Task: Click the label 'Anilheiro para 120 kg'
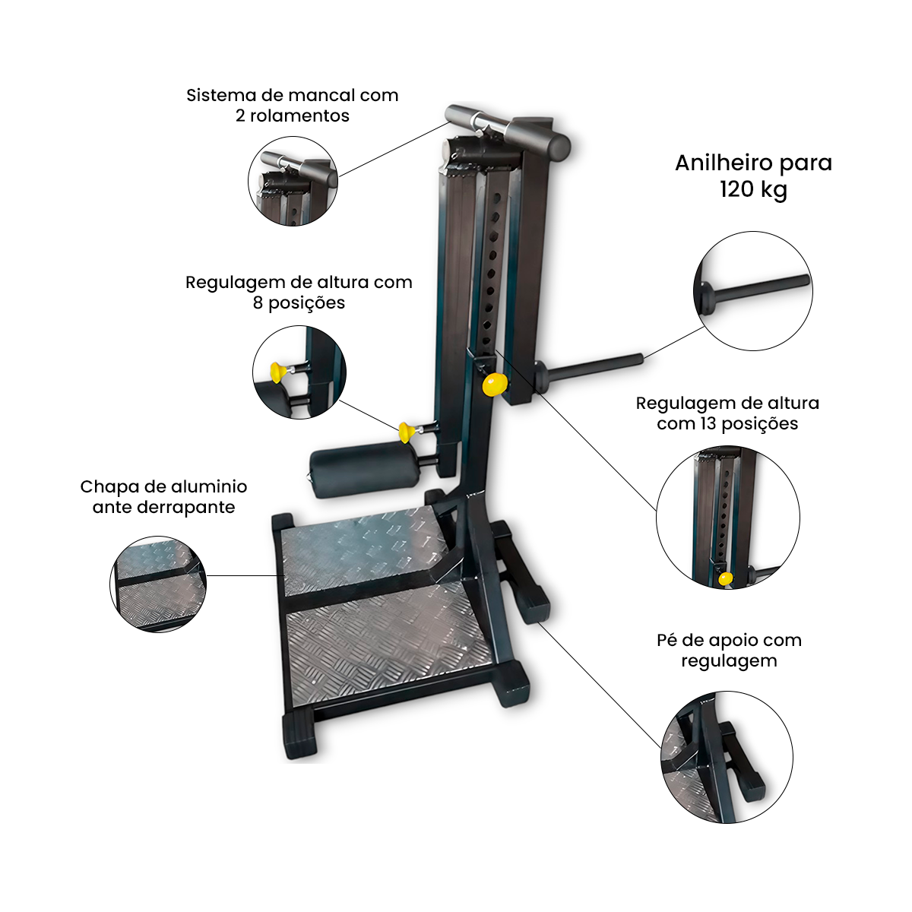(753, 176)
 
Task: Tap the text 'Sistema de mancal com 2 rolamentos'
(292, 105)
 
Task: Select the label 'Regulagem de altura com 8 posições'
(299, 292)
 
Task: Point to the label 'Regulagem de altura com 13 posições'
(727, 413)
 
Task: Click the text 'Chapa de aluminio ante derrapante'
(163, 496)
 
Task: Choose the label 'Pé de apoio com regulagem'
(729, 651)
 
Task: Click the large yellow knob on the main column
(495, 384)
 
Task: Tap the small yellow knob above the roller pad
(406, 432)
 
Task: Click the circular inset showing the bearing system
(293, 182)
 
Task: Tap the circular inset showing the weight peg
(753, 291)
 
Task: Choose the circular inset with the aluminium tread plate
(158, 584)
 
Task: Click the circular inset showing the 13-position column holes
(728, 518)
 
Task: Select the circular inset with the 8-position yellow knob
(299, 372)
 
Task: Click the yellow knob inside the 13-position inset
(725, 578)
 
